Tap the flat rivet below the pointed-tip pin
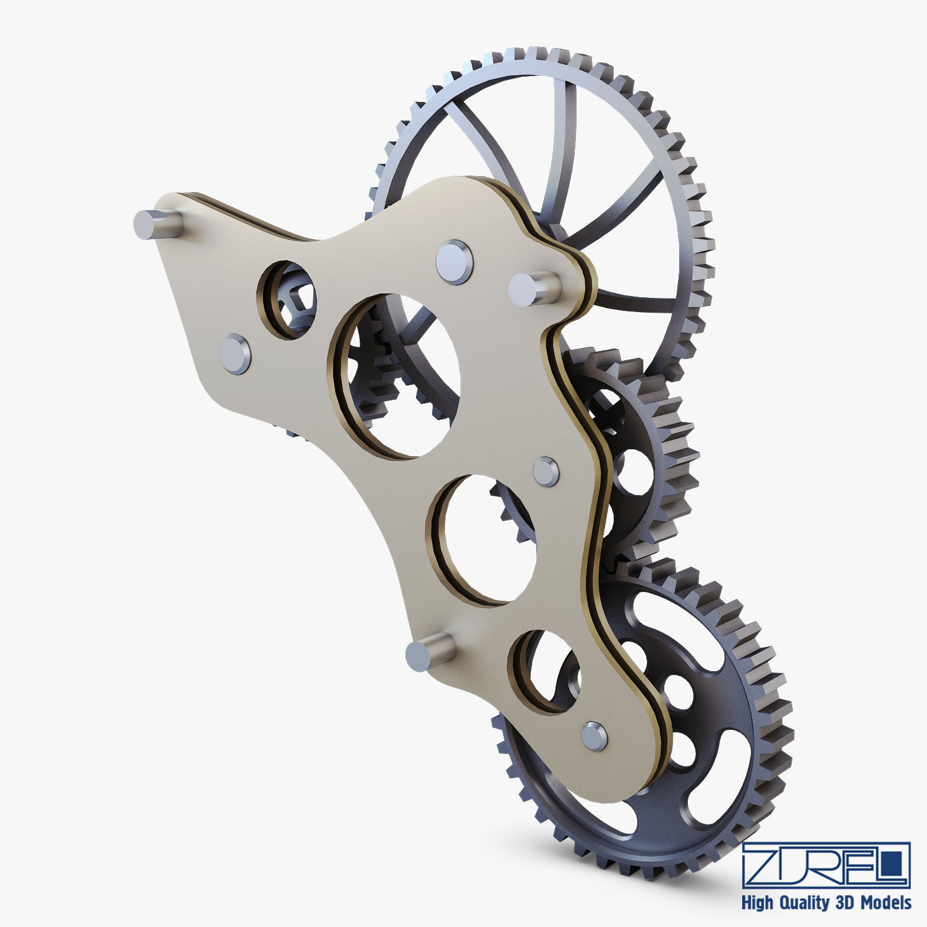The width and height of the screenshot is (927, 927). point(235,354)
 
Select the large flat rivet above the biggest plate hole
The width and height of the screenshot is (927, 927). point(454,262)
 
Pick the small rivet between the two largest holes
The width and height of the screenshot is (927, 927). point(546,472)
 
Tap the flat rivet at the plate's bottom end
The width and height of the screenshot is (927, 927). point(595,736)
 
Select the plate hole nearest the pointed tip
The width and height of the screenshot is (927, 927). point(287,300)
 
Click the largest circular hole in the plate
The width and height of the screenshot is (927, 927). point(396,376)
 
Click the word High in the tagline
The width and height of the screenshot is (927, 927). point(758,903)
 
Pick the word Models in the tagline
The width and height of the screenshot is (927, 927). point(884,902)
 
